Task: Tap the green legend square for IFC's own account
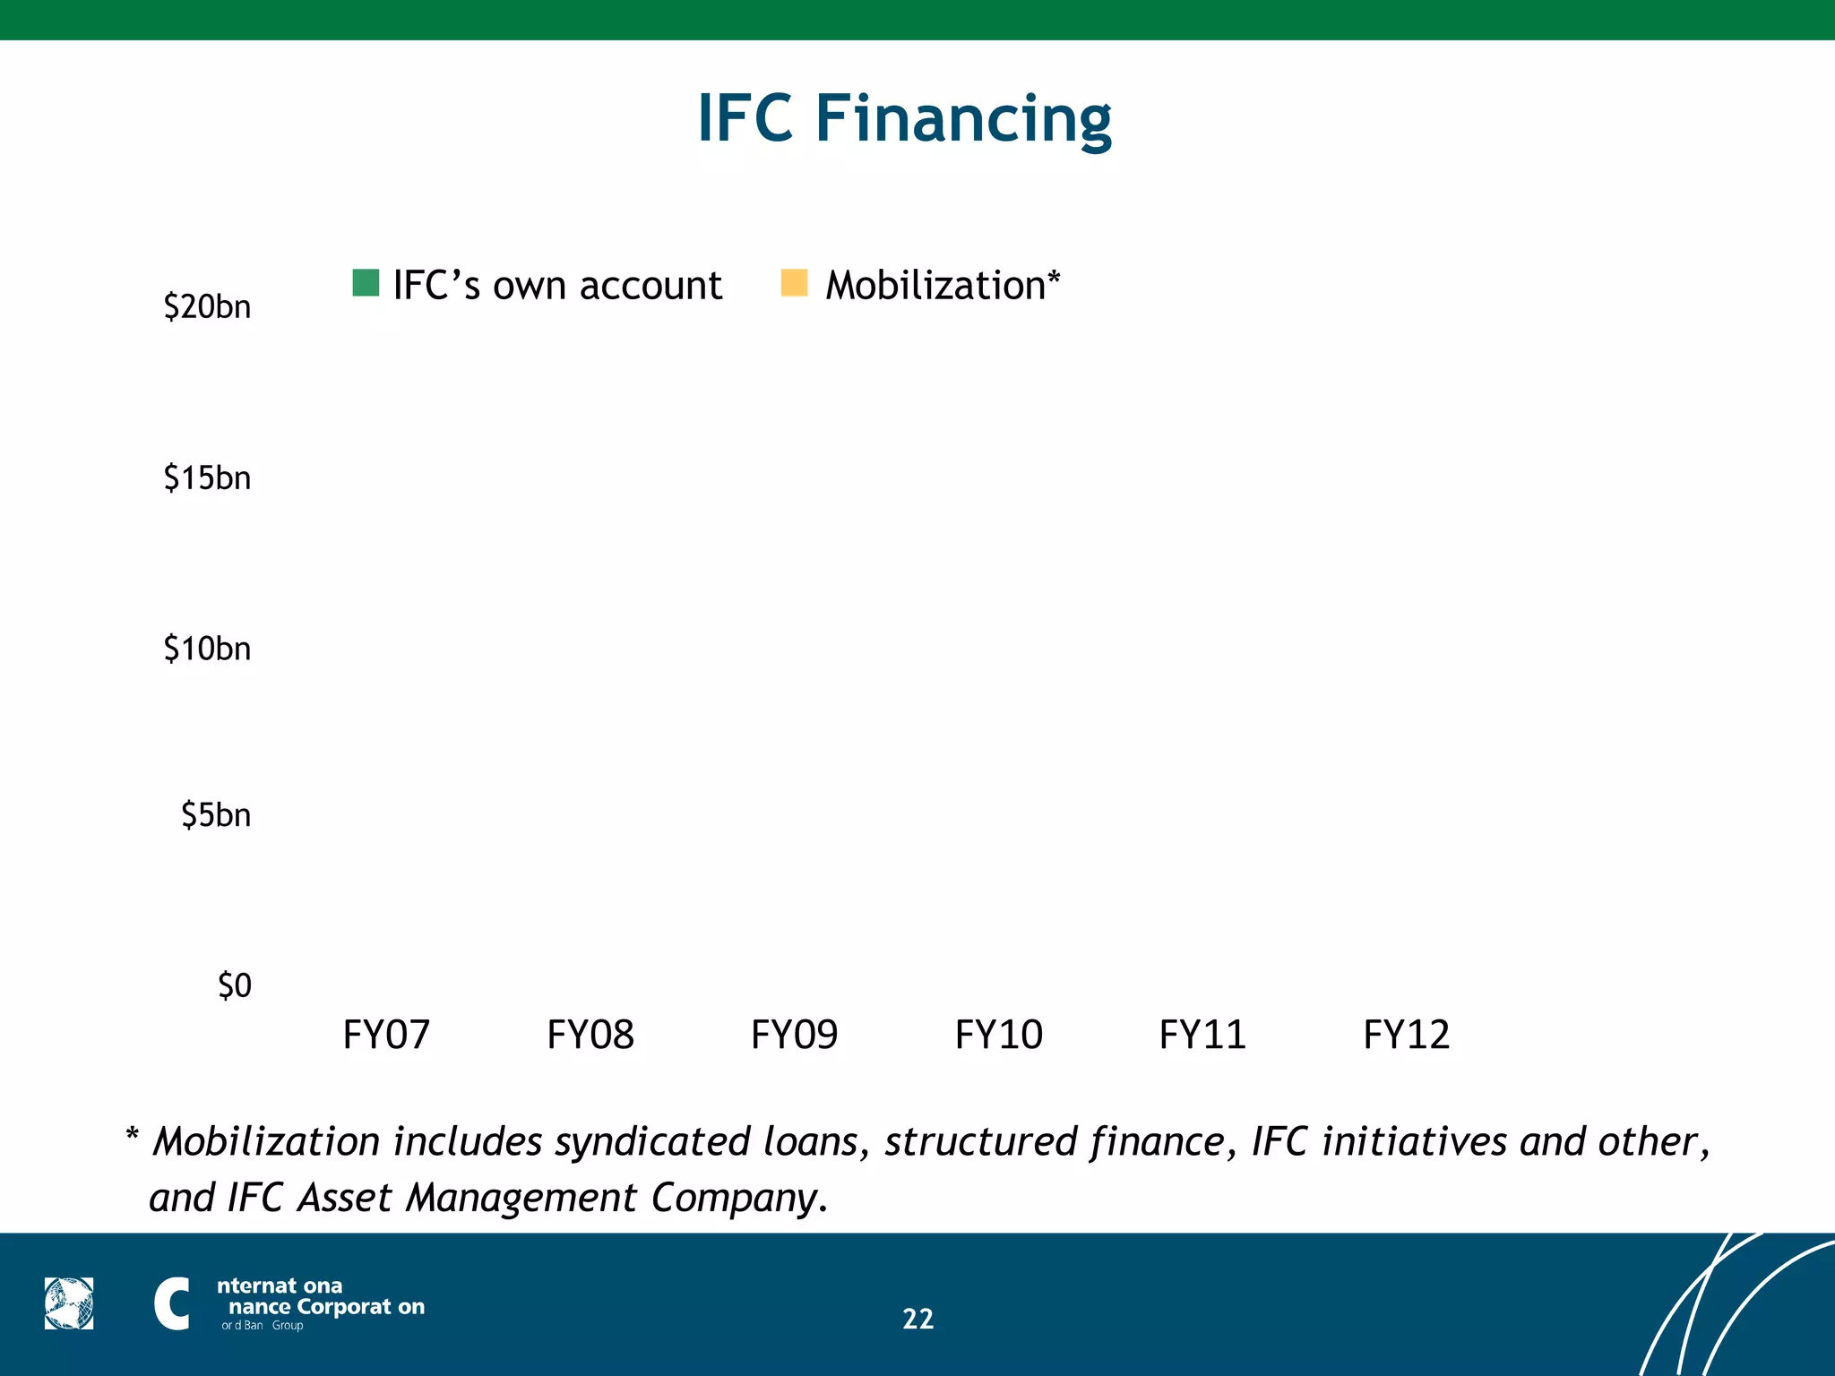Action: click(366, 283)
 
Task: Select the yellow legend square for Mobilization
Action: click(794, 283)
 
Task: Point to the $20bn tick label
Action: click(207, 307)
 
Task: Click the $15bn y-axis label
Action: click(207, 478)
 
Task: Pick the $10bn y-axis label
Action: click(207, 649)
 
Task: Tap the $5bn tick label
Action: click(216, 815)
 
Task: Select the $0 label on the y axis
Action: click(235, 985)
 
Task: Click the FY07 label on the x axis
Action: click(386, 1035)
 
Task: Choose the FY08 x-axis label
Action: click(590, 1035)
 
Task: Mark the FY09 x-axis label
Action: click(794, 1035)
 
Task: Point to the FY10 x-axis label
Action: click(998, 1035)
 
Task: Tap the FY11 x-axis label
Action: click(1202, 1035)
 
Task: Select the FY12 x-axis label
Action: click(1406, 1035)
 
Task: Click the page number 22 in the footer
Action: click(917, 1319)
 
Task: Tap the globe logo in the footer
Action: click(69, 1303)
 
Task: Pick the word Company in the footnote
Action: click(735, 1198)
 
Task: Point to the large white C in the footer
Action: click(171, 1303)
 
